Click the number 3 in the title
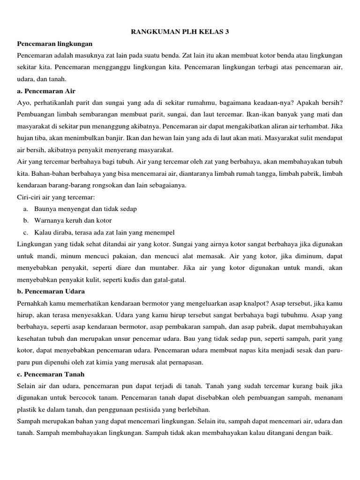coord(228,32)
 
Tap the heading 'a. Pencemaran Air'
coord(46,90)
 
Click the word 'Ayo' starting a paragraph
coord(23,103)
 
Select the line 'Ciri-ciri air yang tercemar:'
coord(56,197)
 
